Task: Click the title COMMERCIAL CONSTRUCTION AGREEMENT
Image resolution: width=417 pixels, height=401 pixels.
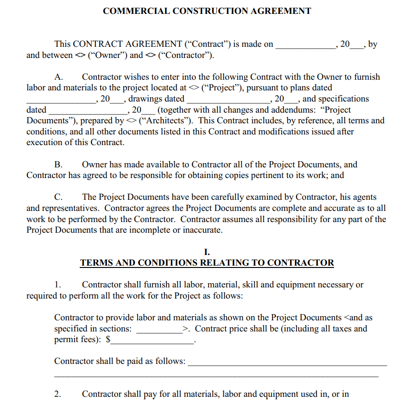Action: pyautogui.click(x=207, y=11)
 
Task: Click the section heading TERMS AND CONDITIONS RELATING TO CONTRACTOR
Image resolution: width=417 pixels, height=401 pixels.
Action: pyautogui.click(x=207, y=263)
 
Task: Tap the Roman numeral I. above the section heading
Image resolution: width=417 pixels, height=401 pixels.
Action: pyautogui.click(x=207, y=252)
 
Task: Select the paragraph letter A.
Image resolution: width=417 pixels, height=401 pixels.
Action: pyautogui.click(x=58, y=77)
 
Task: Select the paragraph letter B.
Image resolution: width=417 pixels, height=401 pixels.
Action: pyautogui.click(x=58, y=165)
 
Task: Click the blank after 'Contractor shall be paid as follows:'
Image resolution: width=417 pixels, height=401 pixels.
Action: pyautogui.click(x=287, y=362)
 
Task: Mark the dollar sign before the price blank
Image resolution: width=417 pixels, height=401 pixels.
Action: pyautogui.click(x=108, y=340)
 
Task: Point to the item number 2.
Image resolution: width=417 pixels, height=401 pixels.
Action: pyautogui.click(x=57, y=395)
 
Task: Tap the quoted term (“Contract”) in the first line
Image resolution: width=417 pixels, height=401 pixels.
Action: pyautogui.click(x=208, y=45)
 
